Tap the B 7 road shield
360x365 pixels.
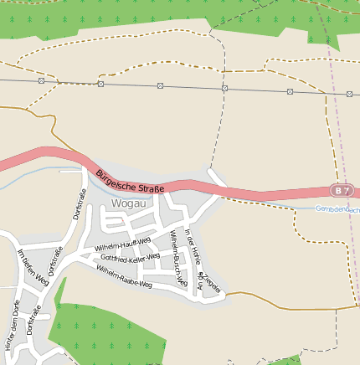coord(338,191)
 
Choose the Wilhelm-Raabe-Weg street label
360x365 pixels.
coord(123,278)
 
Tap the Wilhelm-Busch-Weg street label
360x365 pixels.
coord(178,259)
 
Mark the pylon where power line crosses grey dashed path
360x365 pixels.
coord(224,88)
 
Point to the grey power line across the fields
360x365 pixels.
coord(193,86)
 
